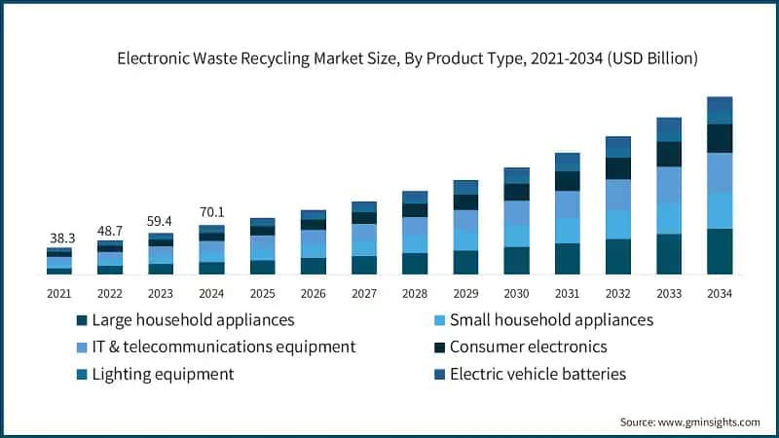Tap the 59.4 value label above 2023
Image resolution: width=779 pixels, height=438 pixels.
161,221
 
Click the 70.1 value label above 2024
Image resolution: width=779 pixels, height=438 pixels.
211,213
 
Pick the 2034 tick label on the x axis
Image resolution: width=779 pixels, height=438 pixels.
719,292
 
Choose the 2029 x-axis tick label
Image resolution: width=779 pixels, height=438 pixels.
465,292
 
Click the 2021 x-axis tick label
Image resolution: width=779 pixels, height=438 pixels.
59,292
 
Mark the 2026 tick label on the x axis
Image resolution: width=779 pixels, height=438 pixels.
314,292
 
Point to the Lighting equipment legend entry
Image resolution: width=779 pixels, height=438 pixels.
163,374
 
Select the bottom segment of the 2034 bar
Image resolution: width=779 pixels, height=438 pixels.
720,251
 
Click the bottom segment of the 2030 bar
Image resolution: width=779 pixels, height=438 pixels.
516,260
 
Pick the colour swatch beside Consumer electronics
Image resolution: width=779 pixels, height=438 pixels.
443,347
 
